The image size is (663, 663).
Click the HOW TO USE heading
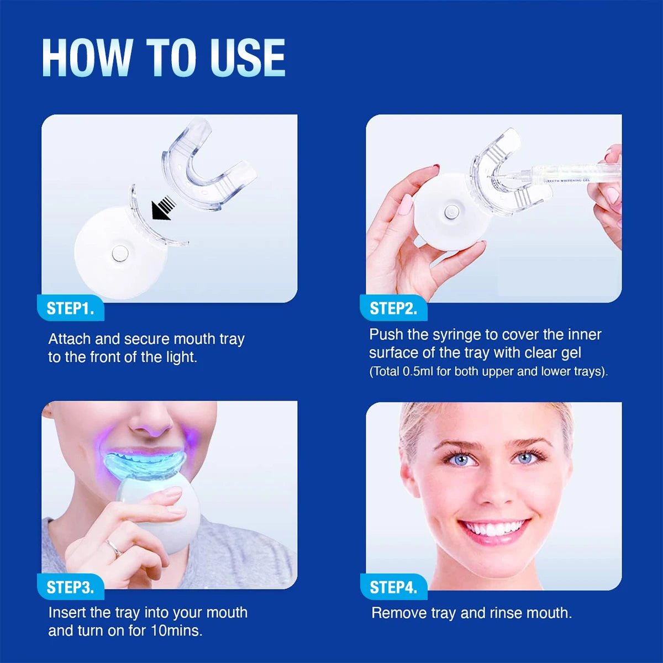(164, 57)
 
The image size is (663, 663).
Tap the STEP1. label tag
(70, 308)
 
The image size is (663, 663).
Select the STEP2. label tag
(393, 308)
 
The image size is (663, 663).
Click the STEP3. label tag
(70, 587)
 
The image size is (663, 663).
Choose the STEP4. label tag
(393, 587)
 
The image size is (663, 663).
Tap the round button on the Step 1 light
(119, 254)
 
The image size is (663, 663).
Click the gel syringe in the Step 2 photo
(558, 176)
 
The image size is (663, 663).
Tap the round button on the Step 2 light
(450, 212)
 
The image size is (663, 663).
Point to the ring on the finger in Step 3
(114, 548)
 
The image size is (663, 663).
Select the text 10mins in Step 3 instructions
(176, 630)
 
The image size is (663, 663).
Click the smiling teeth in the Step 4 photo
(493, 528)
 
